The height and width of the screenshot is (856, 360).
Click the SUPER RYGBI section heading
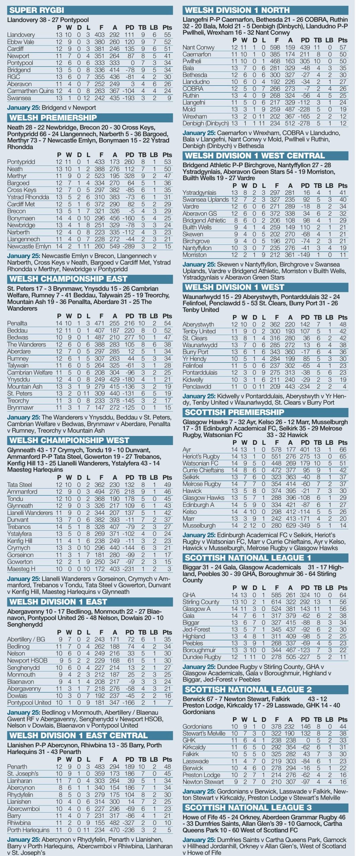37,10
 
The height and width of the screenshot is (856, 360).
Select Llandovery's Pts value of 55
167,35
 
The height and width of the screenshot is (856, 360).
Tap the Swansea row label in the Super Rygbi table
19,98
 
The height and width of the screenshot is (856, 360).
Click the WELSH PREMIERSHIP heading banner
53,118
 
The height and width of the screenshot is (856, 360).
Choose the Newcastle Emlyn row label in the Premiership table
29,246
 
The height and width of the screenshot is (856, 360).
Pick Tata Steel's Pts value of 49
167,485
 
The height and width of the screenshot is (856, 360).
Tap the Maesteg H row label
21,569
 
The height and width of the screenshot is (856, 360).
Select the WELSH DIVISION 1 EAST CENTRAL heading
78,736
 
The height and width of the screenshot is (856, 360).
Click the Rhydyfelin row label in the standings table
20,795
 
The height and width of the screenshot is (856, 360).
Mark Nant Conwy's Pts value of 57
343,47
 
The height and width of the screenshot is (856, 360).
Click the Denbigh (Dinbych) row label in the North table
206,123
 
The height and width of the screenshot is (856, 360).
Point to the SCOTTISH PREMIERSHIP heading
234,412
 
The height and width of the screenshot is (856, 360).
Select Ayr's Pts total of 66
343,450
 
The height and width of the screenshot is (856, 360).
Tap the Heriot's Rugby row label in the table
201,456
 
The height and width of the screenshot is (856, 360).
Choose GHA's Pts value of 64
343,595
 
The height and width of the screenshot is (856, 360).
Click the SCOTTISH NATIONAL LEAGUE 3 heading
248,808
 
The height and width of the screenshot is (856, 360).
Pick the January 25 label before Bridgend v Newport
23,108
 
